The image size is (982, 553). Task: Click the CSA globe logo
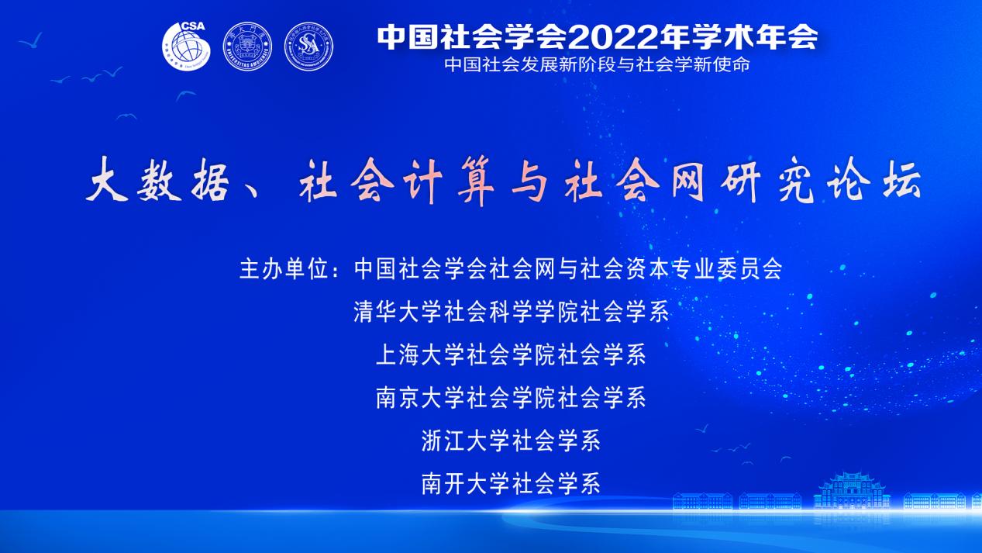tap(186, 46)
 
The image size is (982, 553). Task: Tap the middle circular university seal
tap(247, 47)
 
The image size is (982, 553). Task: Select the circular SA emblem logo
tap(308, 47)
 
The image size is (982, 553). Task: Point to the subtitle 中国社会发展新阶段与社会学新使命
tap(597, 65)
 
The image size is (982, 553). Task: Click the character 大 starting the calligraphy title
tap(107, 180)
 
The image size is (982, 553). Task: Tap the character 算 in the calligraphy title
tap(476, 181)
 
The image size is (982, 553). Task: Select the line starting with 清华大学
tap(512, 312)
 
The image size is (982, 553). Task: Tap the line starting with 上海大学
tap(512, 354)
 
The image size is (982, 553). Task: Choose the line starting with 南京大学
tap(512, 398)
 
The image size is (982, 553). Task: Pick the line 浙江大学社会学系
tap(512, 441)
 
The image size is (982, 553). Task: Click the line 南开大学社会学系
tap(512, 484)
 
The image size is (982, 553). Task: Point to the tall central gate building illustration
tap(852, 490)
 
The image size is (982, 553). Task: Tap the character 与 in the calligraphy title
tap(529, 181)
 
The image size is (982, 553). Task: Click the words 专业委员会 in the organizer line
tap(726, 269)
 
